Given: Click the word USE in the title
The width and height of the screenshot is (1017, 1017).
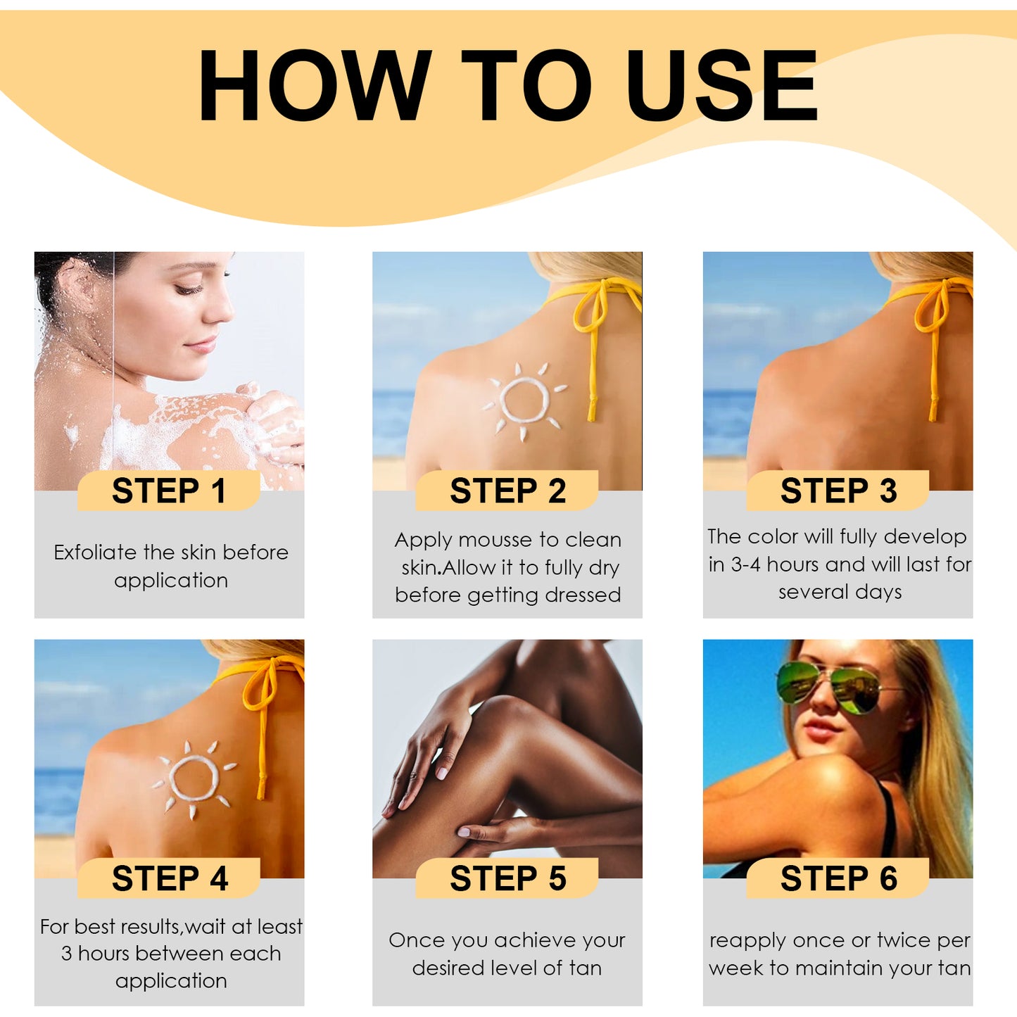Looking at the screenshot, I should tap(721, 86).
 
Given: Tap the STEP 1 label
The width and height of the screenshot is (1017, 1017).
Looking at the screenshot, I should tap(169, 491).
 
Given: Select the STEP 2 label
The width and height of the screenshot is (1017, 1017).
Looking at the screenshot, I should tap(507, 491).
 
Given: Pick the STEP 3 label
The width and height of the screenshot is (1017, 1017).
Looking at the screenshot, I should tap(838, 491).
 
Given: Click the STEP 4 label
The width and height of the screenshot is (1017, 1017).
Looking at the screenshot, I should tap(169, 878).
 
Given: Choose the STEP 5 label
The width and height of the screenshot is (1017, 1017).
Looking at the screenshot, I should tap(507, 878).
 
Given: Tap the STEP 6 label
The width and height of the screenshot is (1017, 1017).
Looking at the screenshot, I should tap(838, 878).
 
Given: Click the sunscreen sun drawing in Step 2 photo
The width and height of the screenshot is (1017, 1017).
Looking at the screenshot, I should tap(524, 400).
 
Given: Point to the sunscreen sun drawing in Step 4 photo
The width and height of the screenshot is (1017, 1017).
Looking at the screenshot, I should tap(194, 778).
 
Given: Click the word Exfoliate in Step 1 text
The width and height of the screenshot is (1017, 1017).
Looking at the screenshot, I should tap(95, 552).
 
